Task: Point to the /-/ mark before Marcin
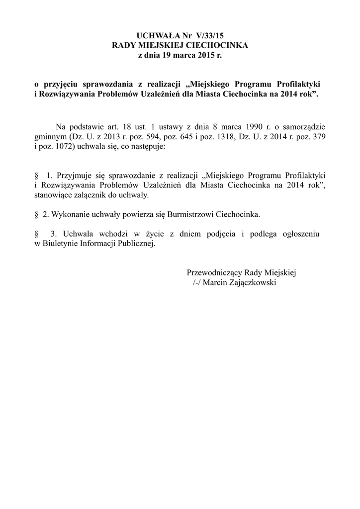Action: click(197, 282)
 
